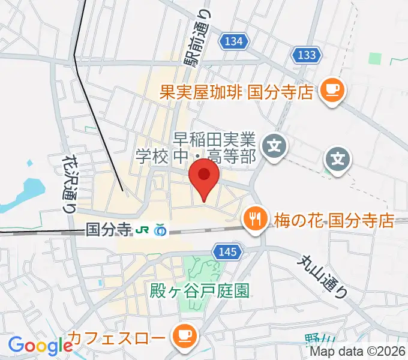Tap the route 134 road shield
click(x=232, y=41)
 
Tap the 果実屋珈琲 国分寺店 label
click(x=236, y=92)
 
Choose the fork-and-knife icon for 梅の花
click(x=254, y=218)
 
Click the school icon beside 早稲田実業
click(x=274, y=145)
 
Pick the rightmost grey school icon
click(x=338, y=159)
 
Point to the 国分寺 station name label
click(x=108, y=229)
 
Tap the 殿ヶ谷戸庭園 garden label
click(x=199, y=290)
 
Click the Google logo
click(x=40, y=346)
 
